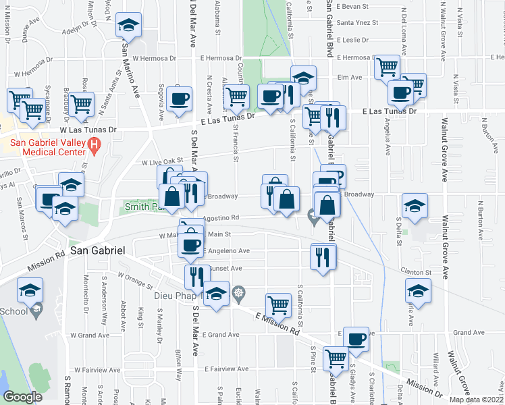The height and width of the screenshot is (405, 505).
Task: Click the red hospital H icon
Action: click(95, 144)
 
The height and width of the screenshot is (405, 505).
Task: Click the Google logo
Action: click(22, 397)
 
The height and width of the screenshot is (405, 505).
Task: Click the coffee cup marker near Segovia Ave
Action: click(180, 100)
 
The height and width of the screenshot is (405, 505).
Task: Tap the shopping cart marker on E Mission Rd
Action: click(278, 305)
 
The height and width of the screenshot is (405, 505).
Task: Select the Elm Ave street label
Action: click(350, 77)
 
